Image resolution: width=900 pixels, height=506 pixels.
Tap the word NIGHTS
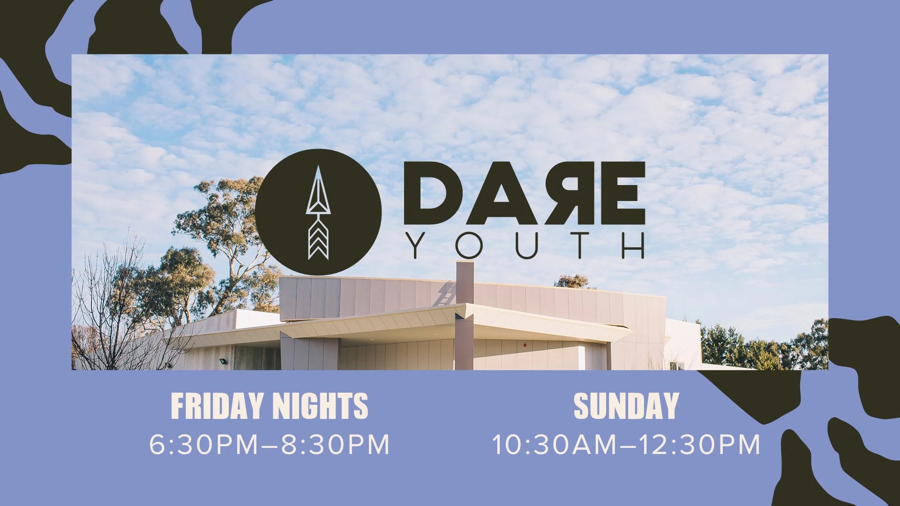(320, 406)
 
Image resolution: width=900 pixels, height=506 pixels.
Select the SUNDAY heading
(626, 406)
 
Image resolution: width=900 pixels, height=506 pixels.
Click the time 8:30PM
(335, 444)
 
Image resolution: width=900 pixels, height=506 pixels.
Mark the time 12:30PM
(699, 444)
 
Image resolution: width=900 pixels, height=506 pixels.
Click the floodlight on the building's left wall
(222, 361)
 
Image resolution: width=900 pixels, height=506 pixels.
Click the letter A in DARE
(502, 193)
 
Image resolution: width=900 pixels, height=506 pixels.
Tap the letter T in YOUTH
(580, 246)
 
